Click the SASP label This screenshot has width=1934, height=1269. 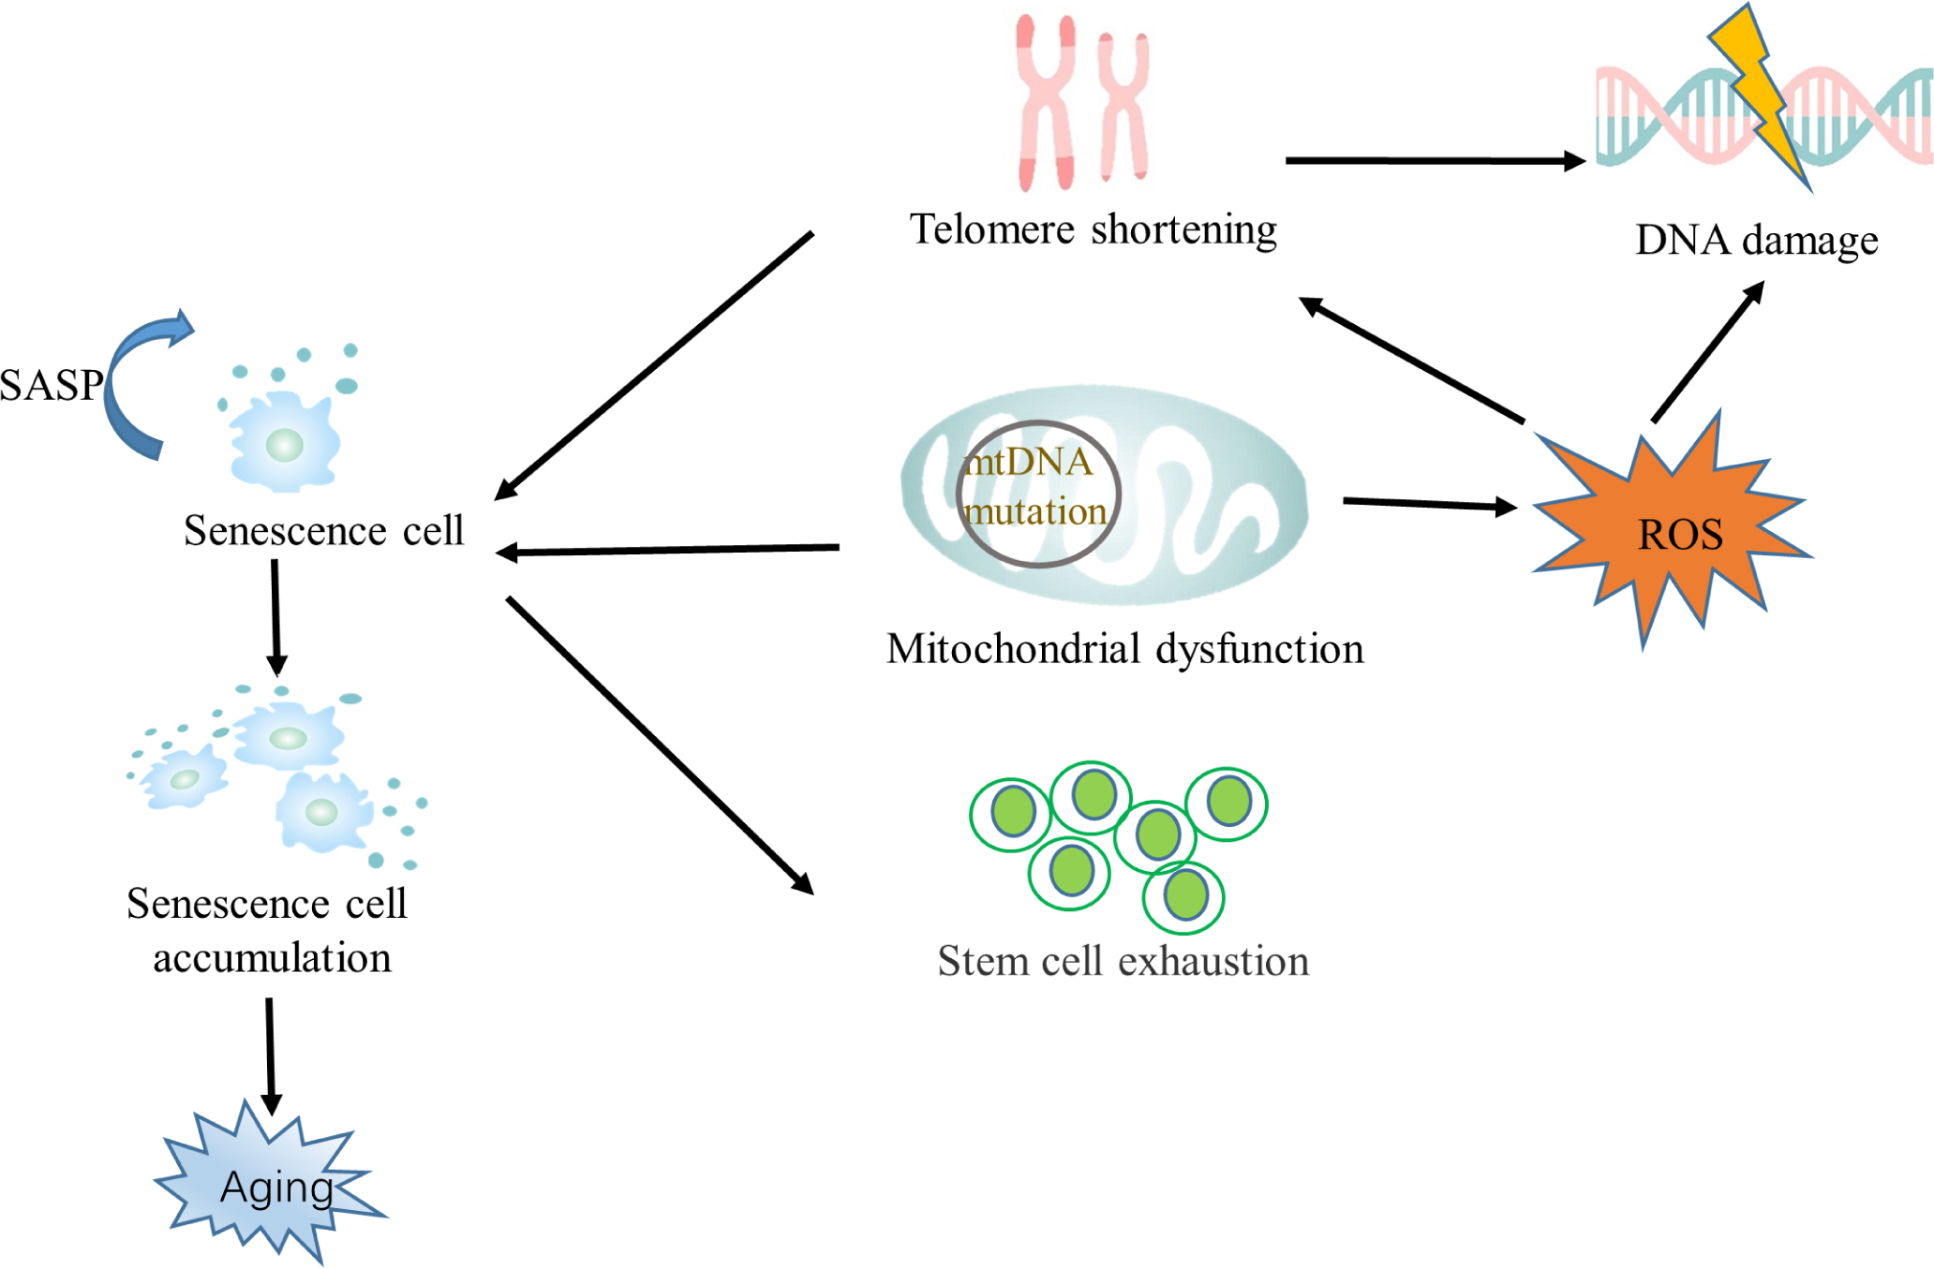point(52,385)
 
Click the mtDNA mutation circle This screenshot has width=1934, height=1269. point(1038,494)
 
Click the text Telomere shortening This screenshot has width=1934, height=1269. point(1093,229)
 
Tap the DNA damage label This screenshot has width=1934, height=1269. point(1756,240)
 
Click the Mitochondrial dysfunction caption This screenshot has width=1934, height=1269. point(1124,648)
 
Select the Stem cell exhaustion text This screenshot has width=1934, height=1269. point(1123,961)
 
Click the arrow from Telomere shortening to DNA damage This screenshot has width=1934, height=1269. point(1434,161)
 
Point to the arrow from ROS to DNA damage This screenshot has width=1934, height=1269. point(1707,352)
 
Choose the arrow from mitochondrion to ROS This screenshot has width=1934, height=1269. point(1429,504)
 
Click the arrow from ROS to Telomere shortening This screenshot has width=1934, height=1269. point(1410,360)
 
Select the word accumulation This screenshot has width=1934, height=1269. point(272,958)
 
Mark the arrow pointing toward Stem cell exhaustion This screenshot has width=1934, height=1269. point(660,745)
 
